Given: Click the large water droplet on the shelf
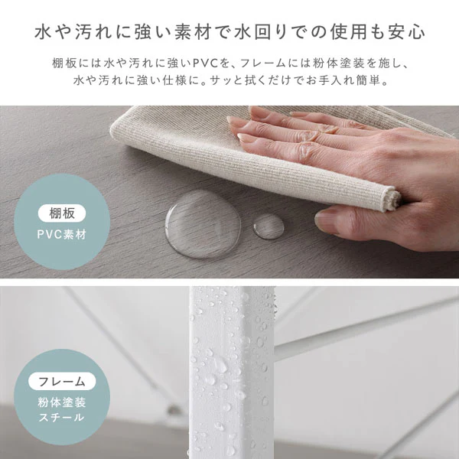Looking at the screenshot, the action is pyautogui.click(x=203, y=224).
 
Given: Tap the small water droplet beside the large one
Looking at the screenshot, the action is pyautogui.click(x=269, y=226).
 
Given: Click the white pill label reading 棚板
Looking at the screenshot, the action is pyautogui.click(x=62, y=213).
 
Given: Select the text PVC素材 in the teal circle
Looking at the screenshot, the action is pyautogui.click(x=62, y=235).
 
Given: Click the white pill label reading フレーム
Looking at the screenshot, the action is pyautogui.click(x=62, y=381).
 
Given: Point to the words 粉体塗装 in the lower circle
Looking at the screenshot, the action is pyautogui.click(x=62, y=402).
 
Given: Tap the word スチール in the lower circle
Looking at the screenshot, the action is pyautogui.click(x=62, y=417).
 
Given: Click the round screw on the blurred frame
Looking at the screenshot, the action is pyautogui.click(x=174, y=409).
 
